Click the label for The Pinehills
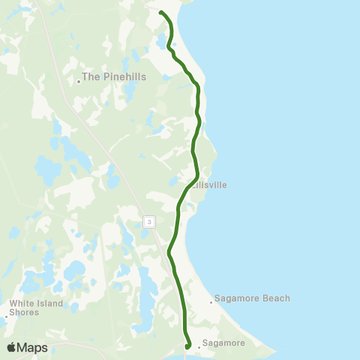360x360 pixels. [114, 76]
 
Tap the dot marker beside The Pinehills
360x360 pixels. [79, 82]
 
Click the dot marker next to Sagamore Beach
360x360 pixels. [211, 303]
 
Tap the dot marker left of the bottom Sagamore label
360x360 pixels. [199, 347]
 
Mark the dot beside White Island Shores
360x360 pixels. [6, 316]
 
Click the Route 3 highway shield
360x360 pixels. [150, 221]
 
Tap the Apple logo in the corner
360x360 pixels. [12, 347]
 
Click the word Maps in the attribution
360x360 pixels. [33, 348]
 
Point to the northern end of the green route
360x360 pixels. [161, 12]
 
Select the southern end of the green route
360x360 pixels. [187, 346]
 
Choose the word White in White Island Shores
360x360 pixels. [20, 304]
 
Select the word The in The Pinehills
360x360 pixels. [90, 76]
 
